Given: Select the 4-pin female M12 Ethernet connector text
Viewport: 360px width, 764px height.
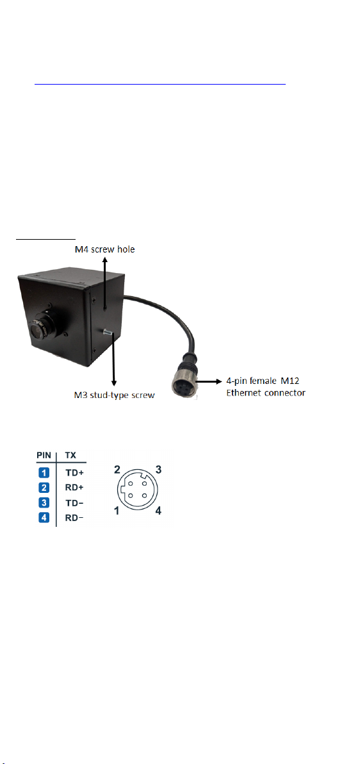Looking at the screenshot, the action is coord(266,386).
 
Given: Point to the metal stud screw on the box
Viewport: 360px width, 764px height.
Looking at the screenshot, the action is coord(108,332).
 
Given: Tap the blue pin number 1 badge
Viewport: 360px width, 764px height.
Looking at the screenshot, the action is coord(44,472).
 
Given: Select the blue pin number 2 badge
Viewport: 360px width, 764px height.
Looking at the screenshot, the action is coord(44,486).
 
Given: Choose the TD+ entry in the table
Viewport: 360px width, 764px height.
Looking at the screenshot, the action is coord(74,472).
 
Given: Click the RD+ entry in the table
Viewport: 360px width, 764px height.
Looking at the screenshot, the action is coord(74,486).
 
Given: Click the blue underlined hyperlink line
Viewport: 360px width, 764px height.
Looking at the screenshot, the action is coord(160,83).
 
